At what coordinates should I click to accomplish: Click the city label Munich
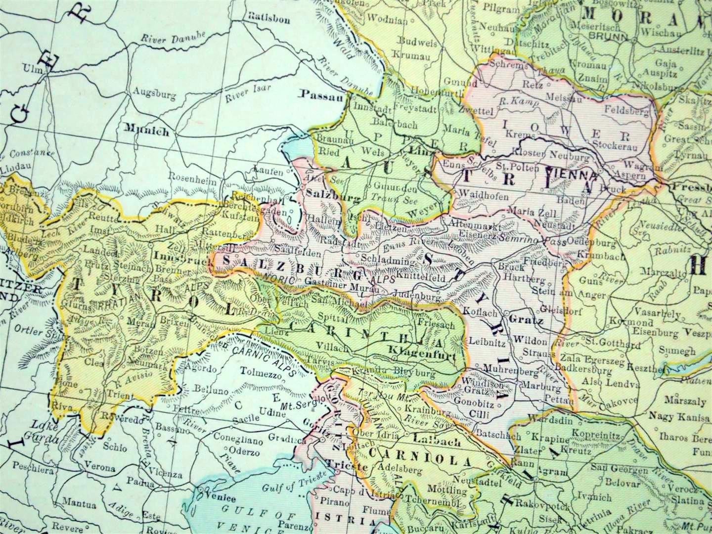coord(147,132)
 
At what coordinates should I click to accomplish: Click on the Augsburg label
coord(149,92)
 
